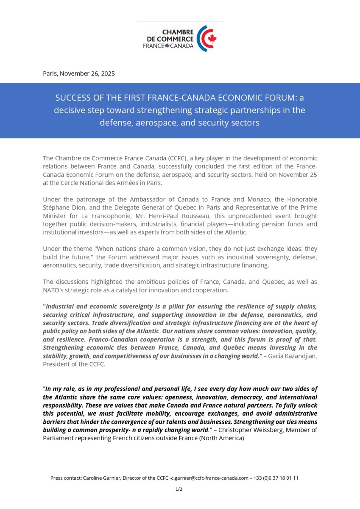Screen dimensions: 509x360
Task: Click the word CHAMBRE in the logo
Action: point(178,32)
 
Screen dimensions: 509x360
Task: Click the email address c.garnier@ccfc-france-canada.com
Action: point(209,478)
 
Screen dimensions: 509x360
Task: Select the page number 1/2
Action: point(179,489)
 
